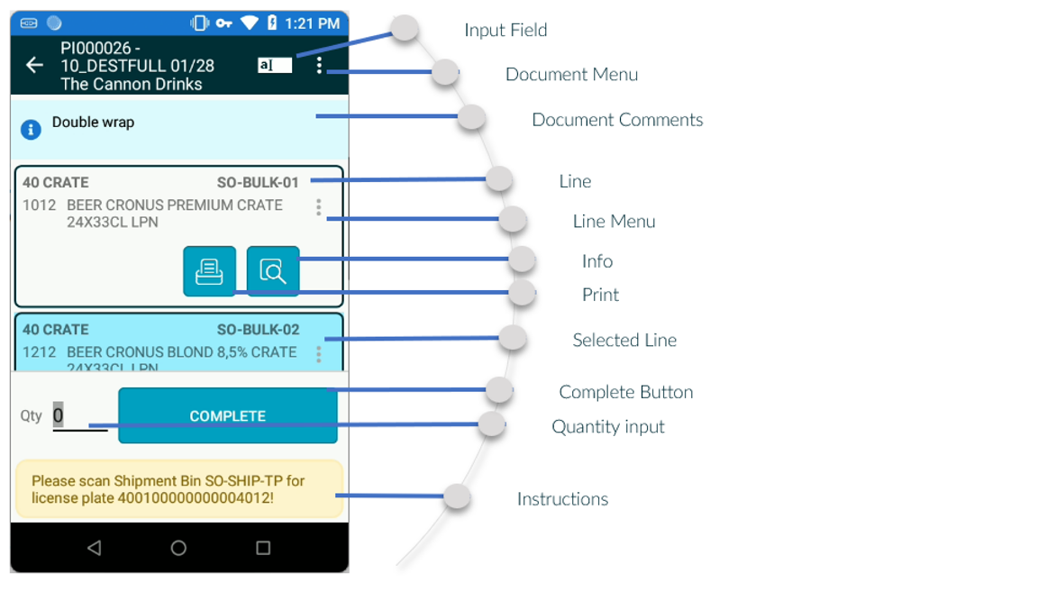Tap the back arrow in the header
pos(34,65)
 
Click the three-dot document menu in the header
pos(319,65)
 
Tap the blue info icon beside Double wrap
pos(31,130)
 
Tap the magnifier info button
pos(273,271)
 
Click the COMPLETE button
pos(228,416)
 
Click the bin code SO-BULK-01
pos(258,182)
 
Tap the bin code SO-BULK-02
pos(258,330)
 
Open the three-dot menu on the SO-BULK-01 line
pos(318,208)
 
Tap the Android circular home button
pos(178,548)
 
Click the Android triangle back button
pos(94,548)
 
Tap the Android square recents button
pos(263,548)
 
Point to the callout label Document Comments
pos(617,120)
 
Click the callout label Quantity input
pos(608,426)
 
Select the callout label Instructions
pos(562,499)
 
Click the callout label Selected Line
pos(624,341)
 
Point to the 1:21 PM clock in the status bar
pos(312,23)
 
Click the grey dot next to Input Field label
pos(405,29)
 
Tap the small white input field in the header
pos(275,65)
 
